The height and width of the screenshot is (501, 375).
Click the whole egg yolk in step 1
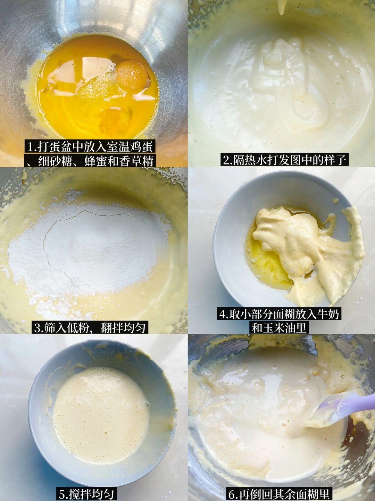[132, 75]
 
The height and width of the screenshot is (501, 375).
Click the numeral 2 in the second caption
[226, 161]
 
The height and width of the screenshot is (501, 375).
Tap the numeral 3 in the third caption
[37, 328]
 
